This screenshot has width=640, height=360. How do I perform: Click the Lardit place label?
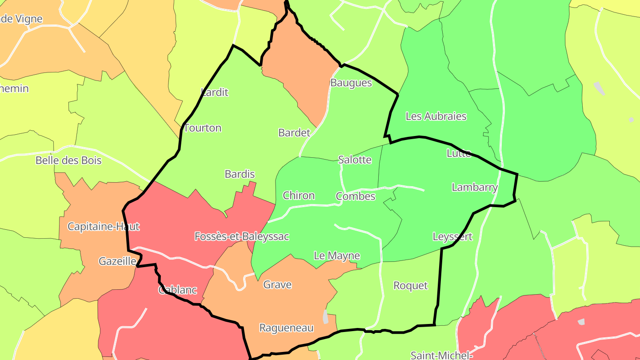tap(215, 92)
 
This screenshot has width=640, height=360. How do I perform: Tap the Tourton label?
tap(203, 128)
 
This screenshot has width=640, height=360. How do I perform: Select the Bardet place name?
tap(294, 132)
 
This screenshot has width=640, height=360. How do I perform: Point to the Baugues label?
tap(351, 83)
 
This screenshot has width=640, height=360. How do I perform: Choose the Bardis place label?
tap(240, 174)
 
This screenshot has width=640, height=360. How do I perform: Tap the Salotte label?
tap(355, 160)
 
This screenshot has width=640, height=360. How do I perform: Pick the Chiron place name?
tap(299, 196)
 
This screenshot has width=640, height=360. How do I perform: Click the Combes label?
tap(356, 196)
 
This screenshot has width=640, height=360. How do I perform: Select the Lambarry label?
tap(475, 188)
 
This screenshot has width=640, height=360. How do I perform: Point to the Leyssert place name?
tap(452, 237)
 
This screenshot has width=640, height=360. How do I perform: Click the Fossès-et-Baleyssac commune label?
tap(242, 236)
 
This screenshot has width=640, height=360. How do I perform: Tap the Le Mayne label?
tap(337, 256)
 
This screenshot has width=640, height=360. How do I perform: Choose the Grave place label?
tap(277, 285)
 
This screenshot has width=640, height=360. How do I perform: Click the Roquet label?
tap(411, 286)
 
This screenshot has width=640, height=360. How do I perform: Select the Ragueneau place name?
tap(286, 328)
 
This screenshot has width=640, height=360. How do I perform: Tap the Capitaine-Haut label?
tap(104, 227)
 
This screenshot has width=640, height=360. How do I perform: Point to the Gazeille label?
tap(117, 261)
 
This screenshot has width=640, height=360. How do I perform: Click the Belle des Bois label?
tap(68, 160)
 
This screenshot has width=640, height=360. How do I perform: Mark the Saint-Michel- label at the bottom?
tap(441, 356)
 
